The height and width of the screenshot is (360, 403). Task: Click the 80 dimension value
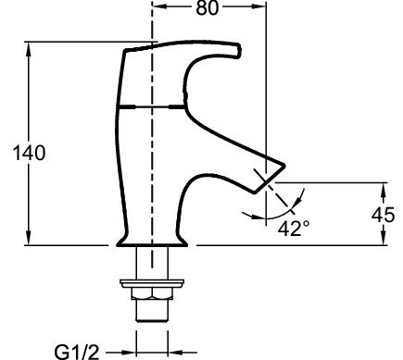208,8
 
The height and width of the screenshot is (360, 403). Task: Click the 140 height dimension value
29,153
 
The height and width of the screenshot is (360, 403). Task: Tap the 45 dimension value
383,215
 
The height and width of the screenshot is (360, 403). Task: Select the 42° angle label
294,229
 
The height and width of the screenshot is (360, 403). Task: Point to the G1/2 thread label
77,352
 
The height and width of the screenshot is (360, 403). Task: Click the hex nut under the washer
152,293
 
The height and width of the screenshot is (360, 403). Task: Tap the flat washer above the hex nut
152,283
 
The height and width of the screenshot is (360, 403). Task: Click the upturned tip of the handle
237,50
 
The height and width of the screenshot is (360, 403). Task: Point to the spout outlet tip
270,180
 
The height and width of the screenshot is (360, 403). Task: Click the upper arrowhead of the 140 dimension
29,49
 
